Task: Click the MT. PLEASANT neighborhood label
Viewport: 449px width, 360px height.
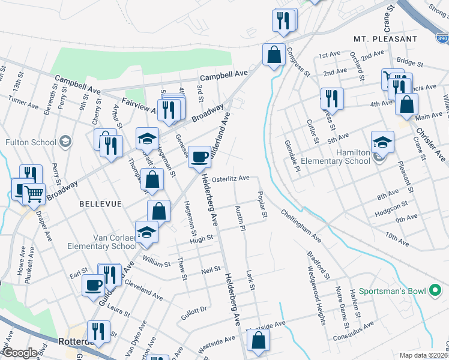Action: point(385,38)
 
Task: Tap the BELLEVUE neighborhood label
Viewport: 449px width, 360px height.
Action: point(101,204)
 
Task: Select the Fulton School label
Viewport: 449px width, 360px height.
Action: point(31,143)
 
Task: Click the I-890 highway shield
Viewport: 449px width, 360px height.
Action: point(442,38)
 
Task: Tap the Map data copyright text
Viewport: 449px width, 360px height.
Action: point(423,355)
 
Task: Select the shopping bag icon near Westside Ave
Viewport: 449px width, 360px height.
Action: point(258,340)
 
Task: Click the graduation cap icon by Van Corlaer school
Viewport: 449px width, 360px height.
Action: point(146,232)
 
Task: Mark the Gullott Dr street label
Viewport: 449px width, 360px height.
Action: point(194,309)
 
